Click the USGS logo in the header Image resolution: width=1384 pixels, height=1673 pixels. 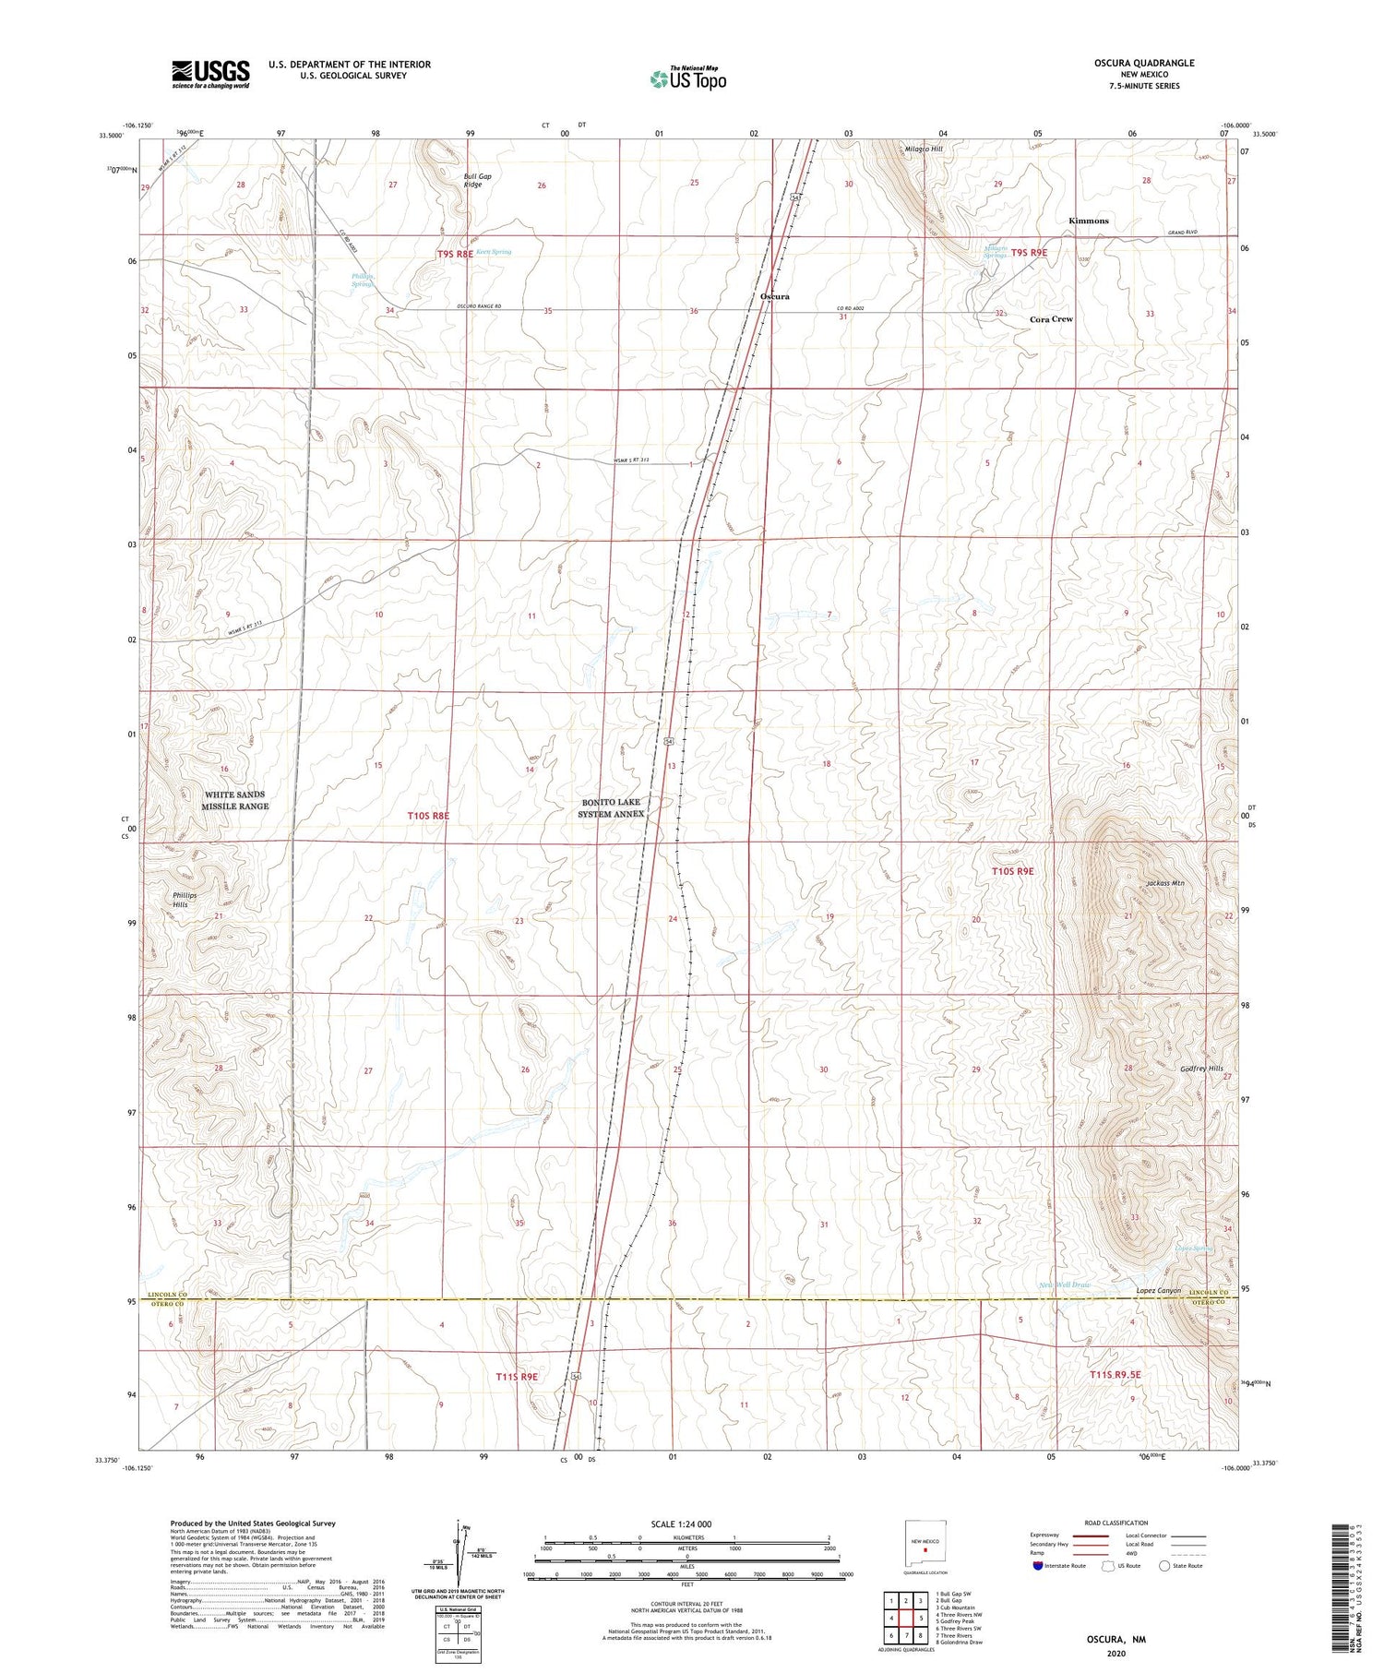[x=210, y=74]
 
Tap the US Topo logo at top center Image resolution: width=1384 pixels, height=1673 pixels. [x=688, y=79]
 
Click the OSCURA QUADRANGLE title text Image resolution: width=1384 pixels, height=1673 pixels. [x=1144, y=64]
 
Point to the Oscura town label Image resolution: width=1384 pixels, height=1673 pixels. [x=774, y=296]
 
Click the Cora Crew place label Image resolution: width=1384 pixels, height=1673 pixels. [x=1051, y=319]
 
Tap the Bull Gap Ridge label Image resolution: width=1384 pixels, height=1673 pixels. [x=473, y=180]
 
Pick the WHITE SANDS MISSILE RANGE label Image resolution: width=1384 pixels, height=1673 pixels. [x=235, y=800]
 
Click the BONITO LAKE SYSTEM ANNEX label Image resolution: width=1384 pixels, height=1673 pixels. [x=610, y=808]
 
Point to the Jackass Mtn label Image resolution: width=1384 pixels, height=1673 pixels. [x=1164, y=883]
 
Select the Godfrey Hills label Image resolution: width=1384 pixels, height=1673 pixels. [x=1201, y=1069]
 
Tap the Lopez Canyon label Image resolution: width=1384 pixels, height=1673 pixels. [x=1158, y=1290]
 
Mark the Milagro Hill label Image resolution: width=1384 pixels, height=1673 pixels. [x=924, y=149]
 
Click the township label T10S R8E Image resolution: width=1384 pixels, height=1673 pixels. [x=428, y=816]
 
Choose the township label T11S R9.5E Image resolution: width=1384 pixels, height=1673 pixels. [x=1115, y=1375]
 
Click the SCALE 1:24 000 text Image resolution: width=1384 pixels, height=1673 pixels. [x=686, y=1524]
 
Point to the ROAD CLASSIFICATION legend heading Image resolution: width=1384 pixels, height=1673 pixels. [x=1116, y=1523]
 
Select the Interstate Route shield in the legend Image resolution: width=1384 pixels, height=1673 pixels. [x=1038, y=1566]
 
